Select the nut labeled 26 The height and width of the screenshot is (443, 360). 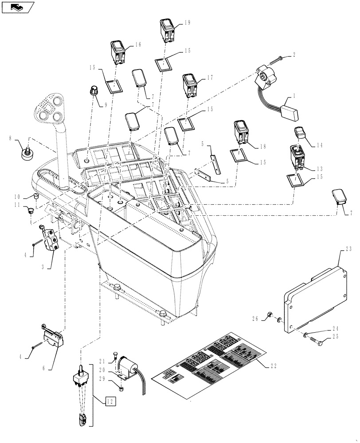click(x=269, y=315)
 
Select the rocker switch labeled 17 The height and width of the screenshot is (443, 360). click(x=189, y=86)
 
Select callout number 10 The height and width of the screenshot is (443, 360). click(x=16, y=196)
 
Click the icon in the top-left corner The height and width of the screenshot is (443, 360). click(x=17, y=7)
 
